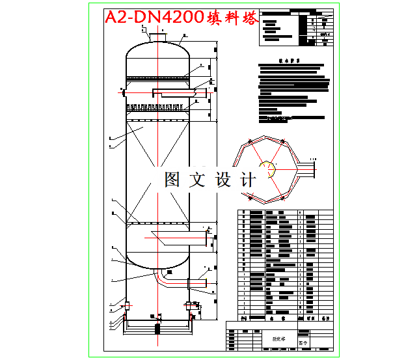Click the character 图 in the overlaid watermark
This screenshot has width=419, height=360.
(x=173, y=180)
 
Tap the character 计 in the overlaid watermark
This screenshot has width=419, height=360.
(x=248, y=180)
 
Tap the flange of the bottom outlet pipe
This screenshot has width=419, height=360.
(x=189, y=283)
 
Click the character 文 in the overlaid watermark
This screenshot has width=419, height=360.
(x=198, y=180)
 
